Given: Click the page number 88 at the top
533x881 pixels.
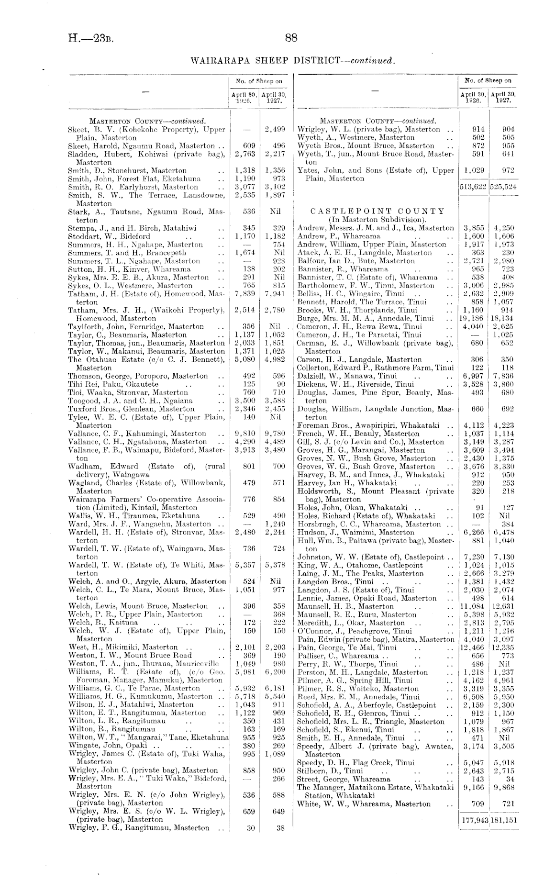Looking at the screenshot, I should pyautogui.click(x=291, y=38).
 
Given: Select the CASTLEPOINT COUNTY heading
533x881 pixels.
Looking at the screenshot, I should pyautogui.click(x=378, y=211).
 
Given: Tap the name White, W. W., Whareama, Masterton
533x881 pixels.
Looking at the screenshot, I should pyautogui.click(x=364, y=804).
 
